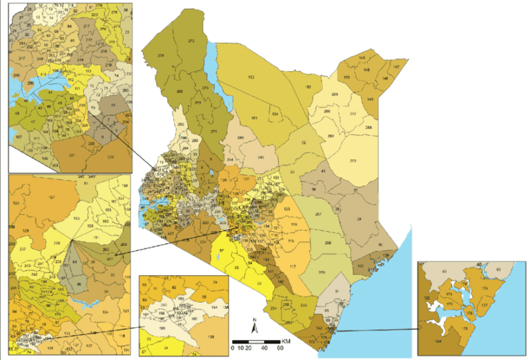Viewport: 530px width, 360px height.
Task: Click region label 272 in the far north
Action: pos(191,43)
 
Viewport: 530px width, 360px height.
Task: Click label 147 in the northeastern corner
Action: pos(396,66)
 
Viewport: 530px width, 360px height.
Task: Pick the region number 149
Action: pos(371,99)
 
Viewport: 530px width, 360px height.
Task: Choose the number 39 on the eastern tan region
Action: pos(377,219)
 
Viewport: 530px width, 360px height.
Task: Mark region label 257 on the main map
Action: pos(318,215)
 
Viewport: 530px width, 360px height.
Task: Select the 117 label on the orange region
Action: pos(293,267)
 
